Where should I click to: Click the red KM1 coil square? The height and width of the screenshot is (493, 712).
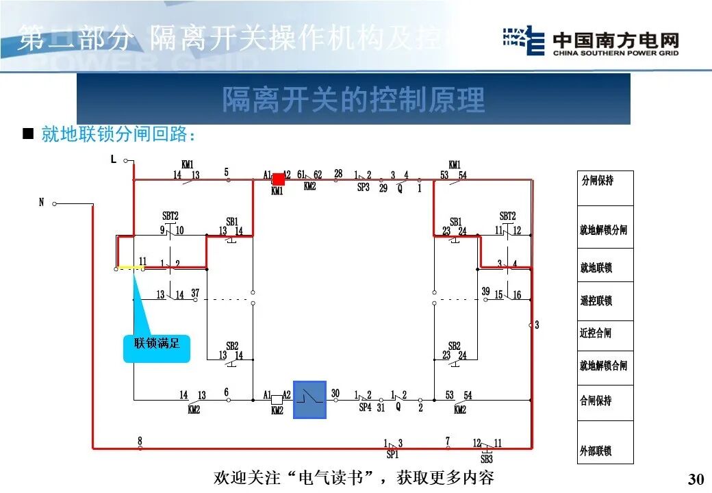[279, 179]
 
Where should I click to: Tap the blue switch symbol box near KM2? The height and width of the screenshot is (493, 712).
[310, 399]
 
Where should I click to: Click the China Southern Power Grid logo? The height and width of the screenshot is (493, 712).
[590, 41]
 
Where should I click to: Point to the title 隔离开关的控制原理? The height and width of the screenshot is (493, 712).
[353, 100]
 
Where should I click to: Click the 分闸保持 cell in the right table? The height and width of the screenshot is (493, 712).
[605, 181]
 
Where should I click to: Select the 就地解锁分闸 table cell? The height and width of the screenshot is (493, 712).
[605, 230]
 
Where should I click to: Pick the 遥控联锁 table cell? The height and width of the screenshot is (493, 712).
[605, 301]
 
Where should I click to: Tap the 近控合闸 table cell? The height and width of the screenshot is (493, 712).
[605, 333]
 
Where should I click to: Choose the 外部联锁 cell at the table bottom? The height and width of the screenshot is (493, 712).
[605, 451]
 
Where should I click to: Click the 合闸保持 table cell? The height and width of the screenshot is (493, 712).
[605, 401]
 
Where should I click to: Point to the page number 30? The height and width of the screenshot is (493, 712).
[695, 478]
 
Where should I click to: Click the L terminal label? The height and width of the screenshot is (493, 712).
[114, 160]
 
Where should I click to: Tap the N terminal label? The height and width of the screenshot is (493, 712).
[41, 202]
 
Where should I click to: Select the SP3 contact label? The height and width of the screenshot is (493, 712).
[363, 187]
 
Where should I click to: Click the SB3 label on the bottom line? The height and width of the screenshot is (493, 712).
[486, 459]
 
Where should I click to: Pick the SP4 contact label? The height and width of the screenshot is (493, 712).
[365, 407]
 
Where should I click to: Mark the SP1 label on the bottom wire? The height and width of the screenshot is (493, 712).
[392, 454]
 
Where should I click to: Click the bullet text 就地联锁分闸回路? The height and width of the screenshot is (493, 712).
[118, 135]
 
